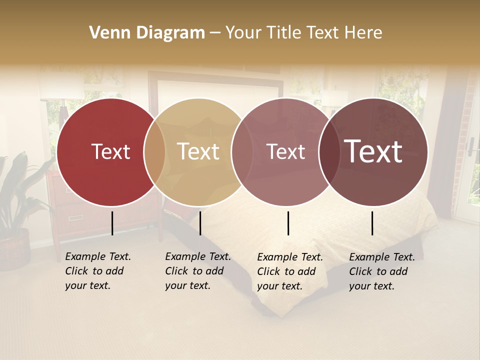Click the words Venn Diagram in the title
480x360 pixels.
[147, 33]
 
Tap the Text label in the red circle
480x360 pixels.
[110, 152]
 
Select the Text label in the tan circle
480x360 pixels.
[198, 152]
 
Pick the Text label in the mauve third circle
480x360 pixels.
[285, 152]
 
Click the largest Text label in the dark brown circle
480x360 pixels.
[373, 151]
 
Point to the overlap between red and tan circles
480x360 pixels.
[154, 152]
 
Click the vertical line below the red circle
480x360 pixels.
[112, 223]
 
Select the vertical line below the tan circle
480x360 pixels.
[200, 223]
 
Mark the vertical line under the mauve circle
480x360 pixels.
[288, 223]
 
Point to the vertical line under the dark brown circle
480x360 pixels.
[372, 223]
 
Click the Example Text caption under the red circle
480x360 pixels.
[97, 271]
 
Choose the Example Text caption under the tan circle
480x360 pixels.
[197, 271]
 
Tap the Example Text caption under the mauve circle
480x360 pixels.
[289, 271]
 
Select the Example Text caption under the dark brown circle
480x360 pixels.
[381, 271]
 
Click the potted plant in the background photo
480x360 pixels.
[17, 210]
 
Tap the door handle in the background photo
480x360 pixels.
[470, 145]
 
